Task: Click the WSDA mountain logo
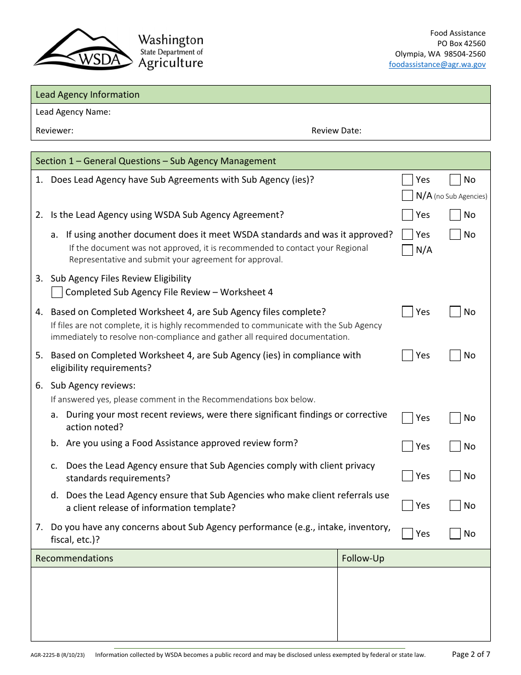[82, 49]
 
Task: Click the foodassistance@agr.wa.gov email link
[437, 64]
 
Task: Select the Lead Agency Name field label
[73, 112]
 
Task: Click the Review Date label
[336, 131]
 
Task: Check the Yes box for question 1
[407, 179]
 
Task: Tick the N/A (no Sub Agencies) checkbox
[407, 195]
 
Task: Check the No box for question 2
[455, 215]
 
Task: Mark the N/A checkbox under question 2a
[407, 250]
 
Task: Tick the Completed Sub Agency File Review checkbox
[56, 292]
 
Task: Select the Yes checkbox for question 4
[407, 312]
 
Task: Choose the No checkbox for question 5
[455, 355]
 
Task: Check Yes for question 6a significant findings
[407, 418]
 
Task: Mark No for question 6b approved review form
[455, 446]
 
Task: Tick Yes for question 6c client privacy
[407, 476]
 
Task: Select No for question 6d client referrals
[455, 505]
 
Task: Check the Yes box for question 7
[407, 533]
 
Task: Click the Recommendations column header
[74, 558]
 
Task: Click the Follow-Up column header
[363, 558]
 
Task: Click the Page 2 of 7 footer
[471, 654]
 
